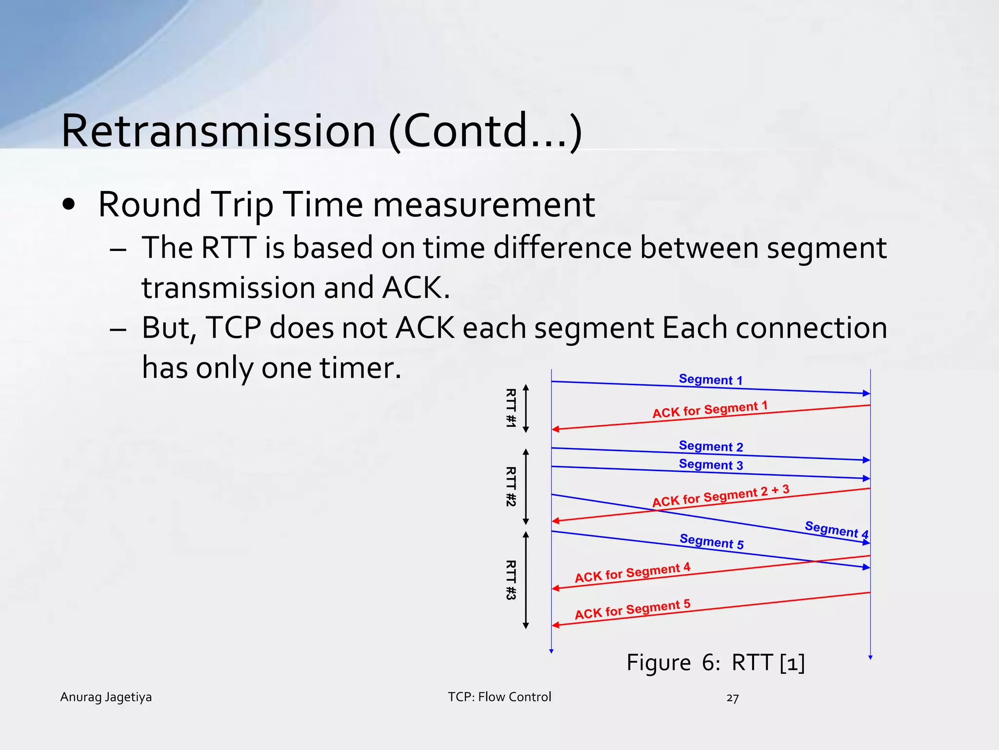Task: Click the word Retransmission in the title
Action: pyautogui.click(x=219, y=131)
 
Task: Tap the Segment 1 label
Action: pyautogui.click(x=711, y=379)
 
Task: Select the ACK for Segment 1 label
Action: pyautogui.click(x=710, y=410)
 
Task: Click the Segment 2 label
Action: pyautogui.click(x=711, y=446)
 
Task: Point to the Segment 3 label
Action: pyautogui.click(x=711, y=464)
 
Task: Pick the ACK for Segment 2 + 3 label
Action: pyautogui.click(x=720, y=496)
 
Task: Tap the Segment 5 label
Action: pyautogui.click(x=711, y=542)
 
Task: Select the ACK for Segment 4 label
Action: pyautogui.click(x=632, y=573)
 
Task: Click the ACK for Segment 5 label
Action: pyautogui.click(x=632, y=609)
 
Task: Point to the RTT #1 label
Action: pyautogui.click(x=510, y=408)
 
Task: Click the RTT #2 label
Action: pyautogui.click(x=510, y=487)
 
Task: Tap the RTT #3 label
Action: pyautogui.click(x=510, y=580)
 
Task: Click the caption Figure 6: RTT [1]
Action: pyautogui.click(x=715, y=663)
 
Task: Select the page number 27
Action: pyautogui.click(x=732, y=698)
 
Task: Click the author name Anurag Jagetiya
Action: pyautogui.click(x=106, y=697)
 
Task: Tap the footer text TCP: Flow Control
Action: pyautogui.click(x=499, y=697)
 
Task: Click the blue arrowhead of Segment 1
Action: pyautogui.click(x=866, y=393)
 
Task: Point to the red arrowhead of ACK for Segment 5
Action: pyautogui.click(x=556, y=625)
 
